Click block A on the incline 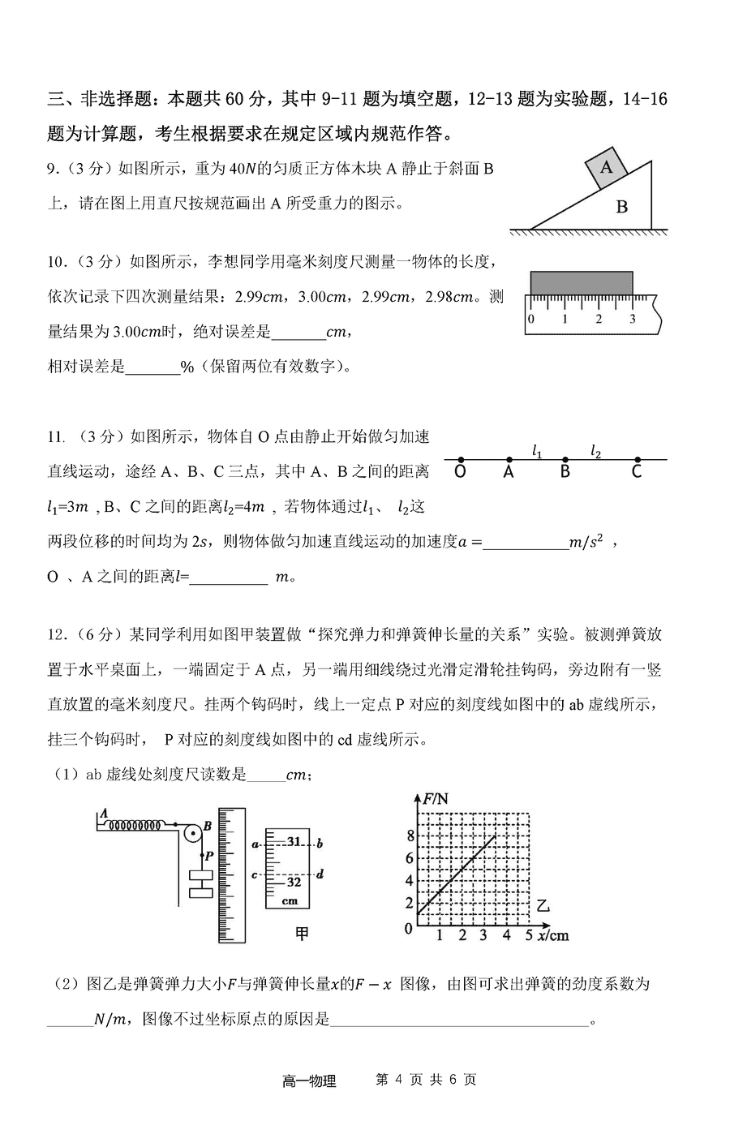605,168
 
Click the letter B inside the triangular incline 622,207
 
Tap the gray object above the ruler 581,281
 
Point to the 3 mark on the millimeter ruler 632,319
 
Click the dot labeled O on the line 460,460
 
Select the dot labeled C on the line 638,460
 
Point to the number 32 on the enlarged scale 294,882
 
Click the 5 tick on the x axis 528,935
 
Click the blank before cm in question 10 297,333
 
